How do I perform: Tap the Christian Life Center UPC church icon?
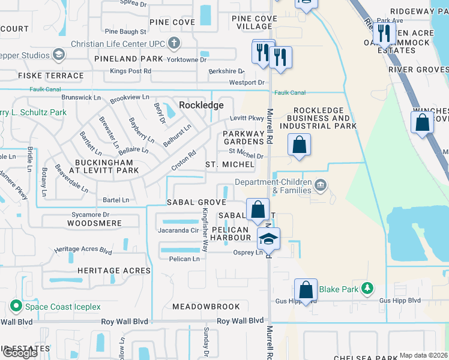[x=174, y=43]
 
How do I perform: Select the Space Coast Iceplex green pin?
[x=14, y=307]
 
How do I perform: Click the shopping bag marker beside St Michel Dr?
[x=298, y=145]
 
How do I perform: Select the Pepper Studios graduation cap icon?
[x=59, y=56]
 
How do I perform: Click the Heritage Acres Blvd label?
[x=83, y=250]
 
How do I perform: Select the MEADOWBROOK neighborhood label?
[x=206, y=307]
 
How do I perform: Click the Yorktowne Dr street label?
[x=188, y=59]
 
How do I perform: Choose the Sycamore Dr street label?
[x=89, y=214]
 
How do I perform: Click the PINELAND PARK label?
[x=128, y=59]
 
